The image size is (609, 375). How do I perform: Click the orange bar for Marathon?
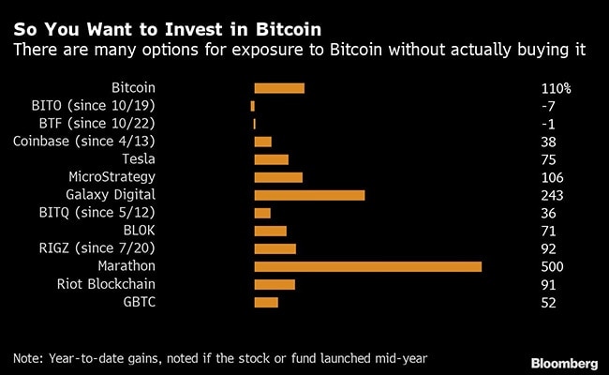click(x=367, y=266)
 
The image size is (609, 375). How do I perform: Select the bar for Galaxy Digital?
click(x=309, y=195)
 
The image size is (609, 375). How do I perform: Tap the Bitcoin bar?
click(x=279, y=88)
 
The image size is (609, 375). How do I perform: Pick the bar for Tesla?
click(x=272, y=159)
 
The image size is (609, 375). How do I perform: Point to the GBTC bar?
click(x=266, y=302)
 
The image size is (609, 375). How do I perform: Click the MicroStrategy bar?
click(x=278, y=177)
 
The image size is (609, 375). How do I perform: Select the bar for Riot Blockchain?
click(x=275, y=284)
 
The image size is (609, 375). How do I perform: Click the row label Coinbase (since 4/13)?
click(x=84, y=142)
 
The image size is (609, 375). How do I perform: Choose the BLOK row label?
click(x=139, y=231)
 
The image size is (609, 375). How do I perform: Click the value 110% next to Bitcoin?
click(x=556, y=89)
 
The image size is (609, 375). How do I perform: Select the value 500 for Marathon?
click(x=552, y=267)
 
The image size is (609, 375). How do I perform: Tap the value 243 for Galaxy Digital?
click(x=552, y=196)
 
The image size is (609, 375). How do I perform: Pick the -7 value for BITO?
click(x=548, y=107)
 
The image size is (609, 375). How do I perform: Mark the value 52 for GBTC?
click(x=548, y=303)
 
